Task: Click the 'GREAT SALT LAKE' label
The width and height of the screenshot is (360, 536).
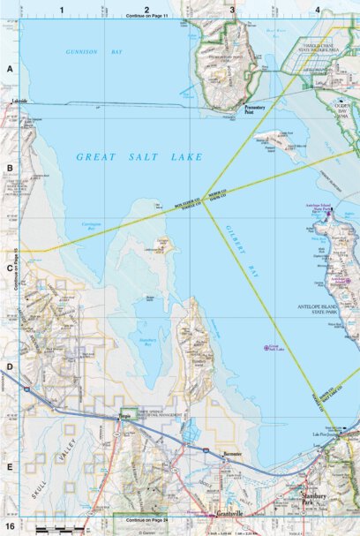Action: click(x=139, y=157)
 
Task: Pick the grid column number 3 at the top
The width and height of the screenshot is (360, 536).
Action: click(x=231, y=9)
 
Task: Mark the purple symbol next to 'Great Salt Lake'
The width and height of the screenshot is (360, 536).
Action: click(x=267, y=347)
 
